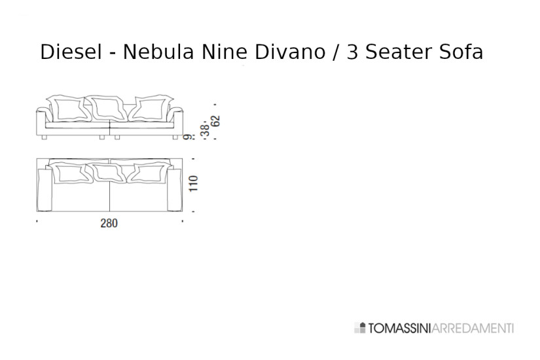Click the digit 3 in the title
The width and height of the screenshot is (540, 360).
pos(353,52)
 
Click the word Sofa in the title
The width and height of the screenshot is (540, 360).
pos(461,52)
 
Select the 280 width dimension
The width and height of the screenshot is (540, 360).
pos(109,223)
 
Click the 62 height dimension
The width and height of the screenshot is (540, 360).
pos(216,121)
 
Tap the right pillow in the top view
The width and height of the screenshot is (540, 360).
pos(150,173)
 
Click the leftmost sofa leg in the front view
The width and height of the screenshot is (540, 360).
pos(45,137)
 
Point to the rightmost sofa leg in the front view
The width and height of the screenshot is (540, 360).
pos(174,137)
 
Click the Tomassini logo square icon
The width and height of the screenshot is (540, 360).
pos(359,328)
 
